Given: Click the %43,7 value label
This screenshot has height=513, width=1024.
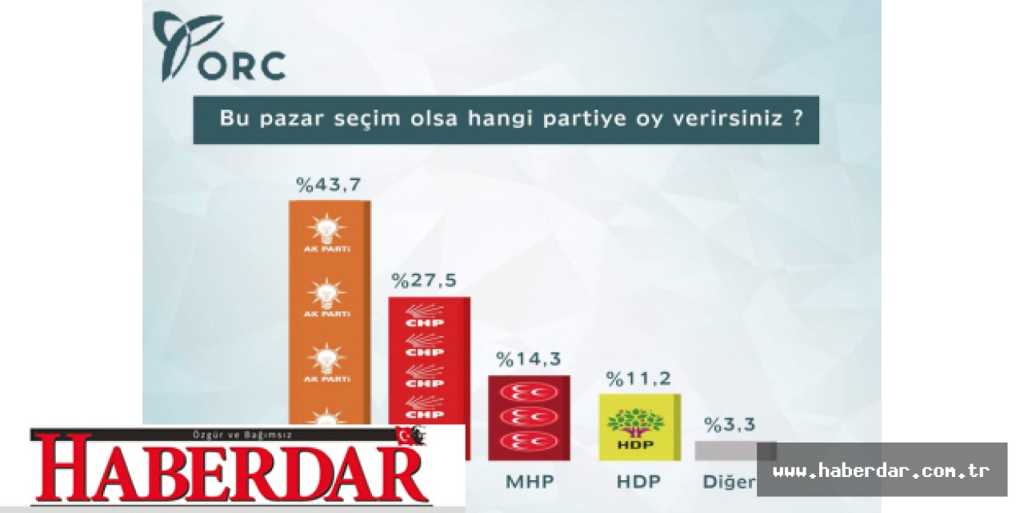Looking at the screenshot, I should coord(328,185).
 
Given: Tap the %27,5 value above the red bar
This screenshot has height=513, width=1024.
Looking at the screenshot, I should coord(423,281).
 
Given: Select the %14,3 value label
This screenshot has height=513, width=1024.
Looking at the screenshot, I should coord(529,359).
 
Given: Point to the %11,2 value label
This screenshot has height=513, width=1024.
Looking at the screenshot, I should coord(638,378).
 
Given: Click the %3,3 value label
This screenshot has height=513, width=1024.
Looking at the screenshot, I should coord(729,425).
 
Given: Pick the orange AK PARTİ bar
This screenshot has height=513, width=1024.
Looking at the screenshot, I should coord(330,312).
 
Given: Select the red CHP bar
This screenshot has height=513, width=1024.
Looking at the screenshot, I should coord(429,360).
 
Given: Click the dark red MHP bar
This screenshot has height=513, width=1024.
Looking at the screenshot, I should coord(529,416).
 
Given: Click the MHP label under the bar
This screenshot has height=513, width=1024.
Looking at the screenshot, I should coord(529,483).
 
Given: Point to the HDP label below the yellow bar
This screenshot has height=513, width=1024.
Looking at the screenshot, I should coord(637,483).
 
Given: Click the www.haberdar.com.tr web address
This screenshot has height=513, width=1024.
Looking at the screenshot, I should coord(882,470).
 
